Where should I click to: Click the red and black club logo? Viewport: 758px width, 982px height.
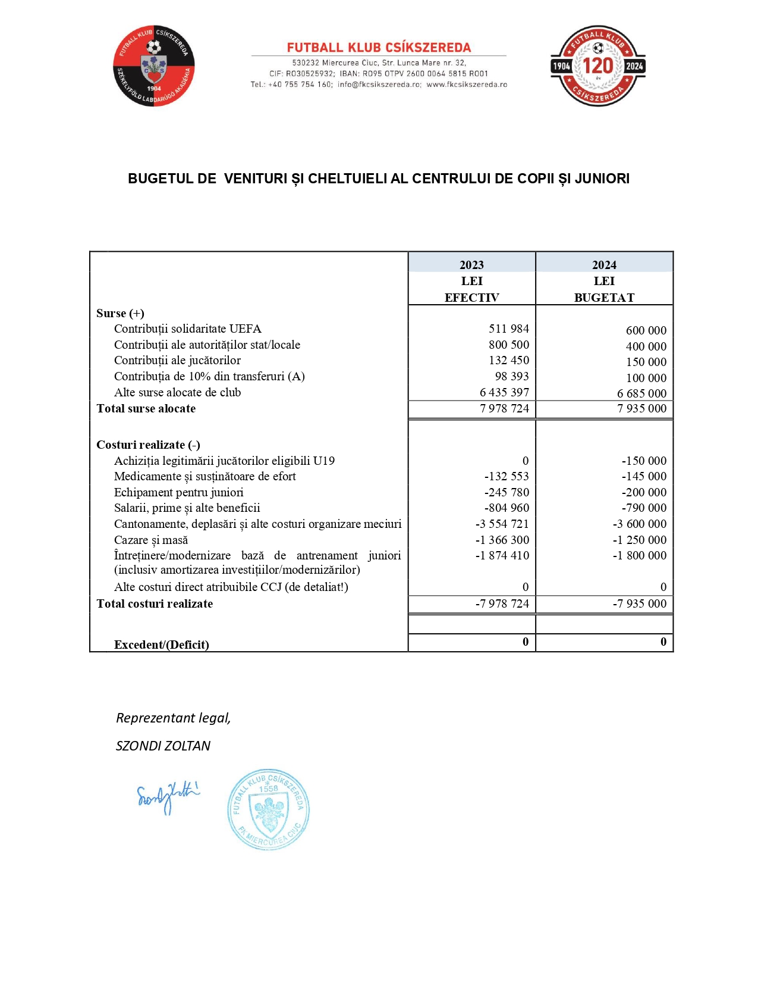click(154, 66)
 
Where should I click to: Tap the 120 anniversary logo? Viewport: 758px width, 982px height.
click(597, 66)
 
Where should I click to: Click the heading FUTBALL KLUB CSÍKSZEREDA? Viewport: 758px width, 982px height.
click(379, 48)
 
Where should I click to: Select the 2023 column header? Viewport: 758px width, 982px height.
click(471, 265)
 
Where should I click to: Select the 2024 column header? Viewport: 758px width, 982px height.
click(604, 265)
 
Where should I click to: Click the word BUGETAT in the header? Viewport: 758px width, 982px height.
click(604, 298)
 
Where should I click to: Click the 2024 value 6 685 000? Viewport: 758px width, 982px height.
click(641, 393)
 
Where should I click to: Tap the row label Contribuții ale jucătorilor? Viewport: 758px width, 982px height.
click(177, 360)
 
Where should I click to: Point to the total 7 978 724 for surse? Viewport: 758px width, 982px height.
click(504, 408)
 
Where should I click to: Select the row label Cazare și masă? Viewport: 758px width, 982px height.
click(151, 540)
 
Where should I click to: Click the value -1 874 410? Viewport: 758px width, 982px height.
click(502, 555)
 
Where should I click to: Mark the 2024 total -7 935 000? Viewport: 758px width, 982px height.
click(640, 603)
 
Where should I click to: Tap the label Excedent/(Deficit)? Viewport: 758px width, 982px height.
click(161, 645)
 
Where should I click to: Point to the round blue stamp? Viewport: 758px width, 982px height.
click(268, 809)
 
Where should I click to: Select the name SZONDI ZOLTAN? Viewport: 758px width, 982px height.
click(163, 746)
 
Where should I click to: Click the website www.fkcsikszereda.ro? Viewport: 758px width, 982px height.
click(467, 85)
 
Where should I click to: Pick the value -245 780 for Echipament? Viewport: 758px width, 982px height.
click(507, 492)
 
